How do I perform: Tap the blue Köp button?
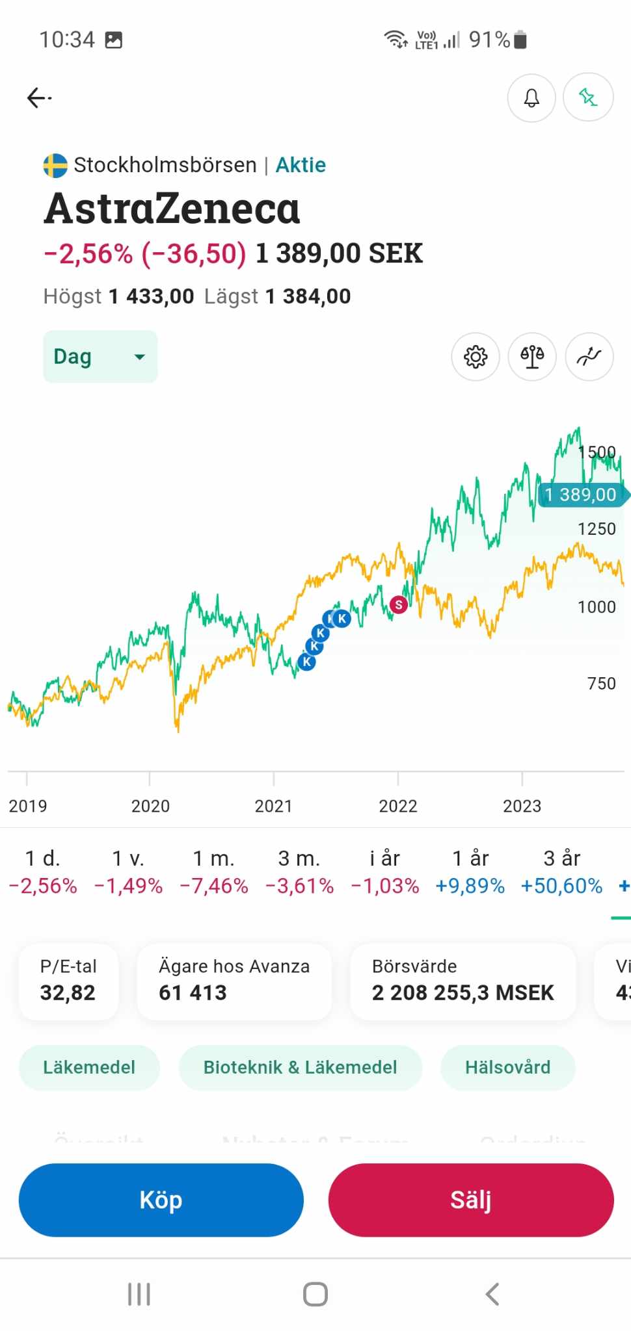click(161, 1200)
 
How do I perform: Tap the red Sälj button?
click(471, 1200)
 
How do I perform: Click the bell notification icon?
click(531, 97)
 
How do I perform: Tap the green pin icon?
click(588, 97)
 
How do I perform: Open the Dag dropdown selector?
click(100, 356)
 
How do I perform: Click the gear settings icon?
click(476, 357)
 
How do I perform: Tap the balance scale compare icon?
click(532, 357)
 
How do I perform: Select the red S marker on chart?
click(399, 605)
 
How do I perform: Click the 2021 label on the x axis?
click(273, 806)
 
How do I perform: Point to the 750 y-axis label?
click(601, 684)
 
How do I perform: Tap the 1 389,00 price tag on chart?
click(580, 495)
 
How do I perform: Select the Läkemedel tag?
click(89, 1067)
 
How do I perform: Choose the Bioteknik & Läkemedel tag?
click(300, 1067)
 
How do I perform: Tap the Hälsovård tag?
click(507, 1067)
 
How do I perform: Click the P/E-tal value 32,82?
click(68, 992)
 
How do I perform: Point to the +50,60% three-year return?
click(561, 886)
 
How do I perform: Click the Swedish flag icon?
click(55, 165)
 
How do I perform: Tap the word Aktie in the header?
click(301, 165)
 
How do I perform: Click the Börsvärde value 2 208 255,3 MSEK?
click(463, 992)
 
